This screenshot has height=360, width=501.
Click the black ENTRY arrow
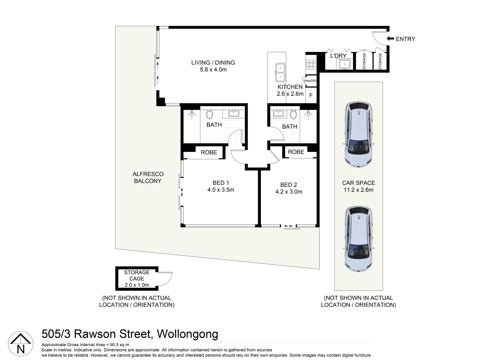pos(390,39)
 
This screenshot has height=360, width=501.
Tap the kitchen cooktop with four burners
pos(311,64)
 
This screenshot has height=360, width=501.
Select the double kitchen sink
pos(280,72)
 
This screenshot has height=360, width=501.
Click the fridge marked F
pos(311,95)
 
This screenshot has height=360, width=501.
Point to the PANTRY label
pos(310,81)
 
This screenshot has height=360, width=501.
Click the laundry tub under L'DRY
pos(344,64)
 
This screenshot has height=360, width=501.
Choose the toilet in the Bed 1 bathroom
pos(209,114)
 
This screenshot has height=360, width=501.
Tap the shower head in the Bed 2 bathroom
pos(308,114)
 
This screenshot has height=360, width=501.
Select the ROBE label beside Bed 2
pos(296,152)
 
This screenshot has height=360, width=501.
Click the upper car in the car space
pos(358,134)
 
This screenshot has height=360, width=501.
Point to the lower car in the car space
pos(358,239)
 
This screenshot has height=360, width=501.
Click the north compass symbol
pos(21,344)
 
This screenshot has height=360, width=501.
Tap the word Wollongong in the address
pos(187,334)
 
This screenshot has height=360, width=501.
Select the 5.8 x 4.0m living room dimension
pos(213,70)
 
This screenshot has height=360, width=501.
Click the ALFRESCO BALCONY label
pos(148,177)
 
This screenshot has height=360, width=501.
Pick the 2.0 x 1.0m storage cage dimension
pos(137,285)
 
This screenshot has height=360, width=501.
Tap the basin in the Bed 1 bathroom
pos(234,113)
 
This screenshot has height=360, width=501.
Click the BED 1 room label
pos(221,183)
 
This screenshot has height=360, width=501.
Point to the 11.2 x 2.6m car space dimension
pos(359,190)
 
